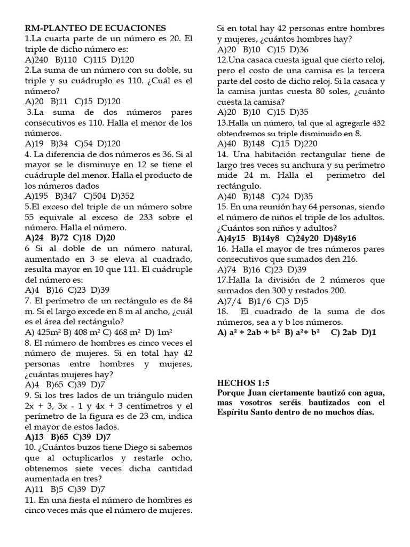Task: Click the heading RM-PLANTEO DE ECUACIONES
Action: [x=96, y=28]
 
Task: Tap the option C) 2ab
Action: [x=344, y=332]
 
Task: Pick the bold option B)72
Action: [x=60, y=238]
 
